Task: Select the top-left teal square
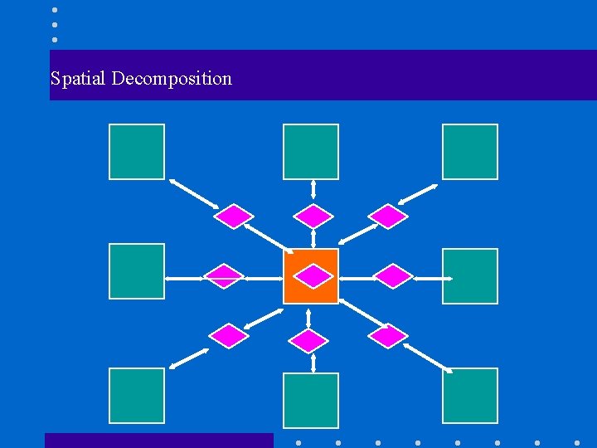[137, 152]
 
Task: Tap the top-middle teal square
[311, 152]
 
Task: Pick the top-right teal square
[470, 152]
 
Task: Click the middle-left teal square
[137, 271]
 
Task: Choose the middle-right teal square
[470, 276]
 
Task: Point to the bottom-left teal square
[137, 396]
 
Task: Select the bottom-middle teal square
[311, 400]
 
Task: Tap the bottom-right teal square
[470, 396]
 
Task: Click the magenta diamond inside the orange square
[314, 275]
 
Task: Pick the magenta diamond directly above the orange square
[314, 217]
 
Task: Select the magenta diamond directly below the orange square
[310, 340]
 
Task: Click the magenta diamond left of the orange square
[224, 275]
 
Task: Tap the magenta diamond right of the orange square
[393, 275]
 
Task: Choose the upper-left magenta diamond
[234, 217]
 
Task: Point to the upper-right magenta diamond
[388, 217]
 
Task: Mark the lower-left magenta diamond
[229, 336]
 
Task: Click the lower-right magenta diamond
[387, 336]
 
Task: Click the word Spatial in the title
[78, 79]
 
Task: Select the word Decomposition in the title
[172, 79]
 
